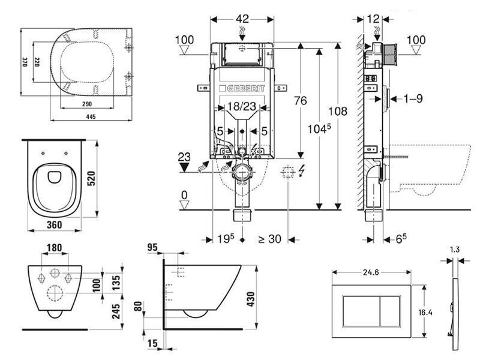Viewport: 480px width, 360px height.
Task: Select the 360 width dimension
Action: pos(56,223)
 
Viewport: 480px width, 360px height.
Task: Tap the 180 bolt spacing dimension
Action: pos(55,248)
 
